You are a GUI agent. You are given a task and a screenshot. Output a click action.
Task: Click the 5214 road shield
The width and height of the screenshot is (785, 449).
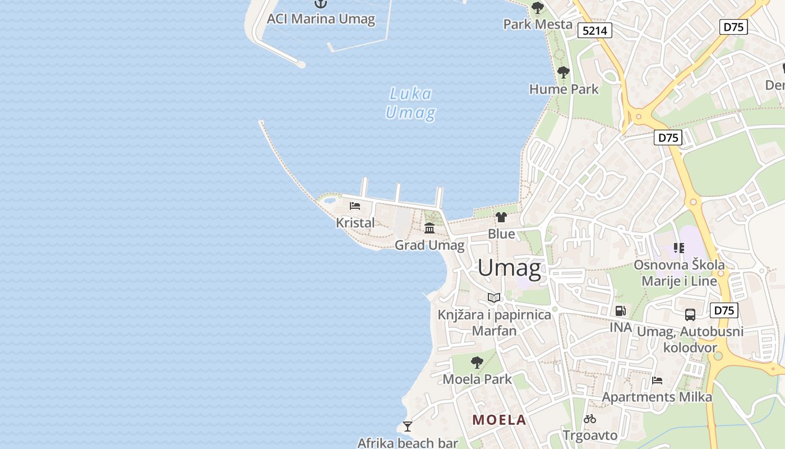tap(594, 30)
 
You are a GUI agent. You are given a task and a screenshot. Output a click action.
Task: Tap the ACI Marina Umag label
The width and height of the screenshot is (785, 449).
tap(321, 19)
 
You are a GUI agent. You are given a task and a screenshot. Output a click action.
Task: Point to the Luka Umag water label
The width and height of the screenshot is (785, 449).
tap(410, 103)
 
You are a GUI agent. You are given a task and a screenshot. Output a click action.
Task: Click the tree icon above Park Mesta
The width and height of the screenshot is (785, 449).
tap(537, 8)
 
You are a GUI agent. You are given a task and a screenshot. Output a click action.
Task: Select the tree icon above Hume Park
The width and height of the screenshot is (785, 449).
tap(564, 72)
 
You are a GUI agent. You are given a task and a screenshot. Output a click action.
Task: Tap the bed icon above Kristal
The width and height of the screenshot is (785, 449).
tap(354, 206)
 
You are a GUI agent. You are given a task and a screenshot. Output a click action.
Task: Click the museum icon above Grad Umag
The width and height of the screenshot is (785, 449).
tap(430, 228)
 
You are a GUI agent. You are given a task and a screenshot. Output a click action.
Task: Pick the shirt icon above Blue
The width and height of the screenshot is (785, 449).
tap(501, 217)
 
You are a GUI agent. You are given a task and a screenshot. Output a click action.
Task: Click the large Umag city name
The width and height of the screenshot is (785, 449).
tap(509, 268)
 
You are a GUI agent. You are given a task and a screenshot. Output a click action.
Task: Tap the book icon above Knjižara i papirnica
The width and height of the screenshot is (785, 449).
tap(493, 297)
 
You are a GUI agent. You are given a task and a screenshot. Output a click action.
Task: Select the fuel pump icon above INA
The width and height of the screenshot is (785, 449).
tap(620, 310)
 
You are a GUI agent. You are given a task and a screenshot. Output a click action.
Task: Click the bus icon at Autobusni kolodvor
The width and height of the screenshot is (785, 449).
tap(690, 315)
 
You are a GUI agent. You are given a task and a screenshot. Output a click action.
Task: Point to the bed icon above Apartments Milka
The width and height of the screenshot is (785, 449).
tap(657, 381)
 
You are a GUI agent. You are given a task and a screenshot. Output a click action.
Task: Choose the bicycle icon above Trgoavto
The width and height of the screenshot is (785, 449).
tap(589, 419)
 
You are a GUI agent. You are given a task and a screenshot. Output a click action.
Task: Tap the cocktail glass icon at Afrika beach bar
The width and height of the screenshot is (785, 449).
tap(408, 427)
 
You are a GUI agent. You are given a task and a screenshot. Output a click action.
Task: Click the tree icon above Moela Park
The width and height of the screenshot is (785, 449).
tap(477, 363)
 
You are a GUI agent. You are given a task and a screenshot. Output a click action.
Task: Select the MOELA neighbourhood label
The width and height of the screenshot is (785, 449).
tap(499, 420)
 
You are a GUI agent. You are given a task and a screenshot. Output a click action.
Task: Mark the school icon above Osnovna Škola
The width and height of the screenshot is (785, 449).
tap(679, 248)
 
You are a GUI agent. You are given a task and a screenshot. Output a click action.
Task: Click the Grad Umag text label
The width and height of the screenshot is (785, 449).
tap(430, 245)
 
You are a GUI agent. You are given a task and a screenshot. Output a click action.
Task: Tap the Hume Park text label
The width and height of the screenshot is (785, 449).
tap(564, 89)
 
